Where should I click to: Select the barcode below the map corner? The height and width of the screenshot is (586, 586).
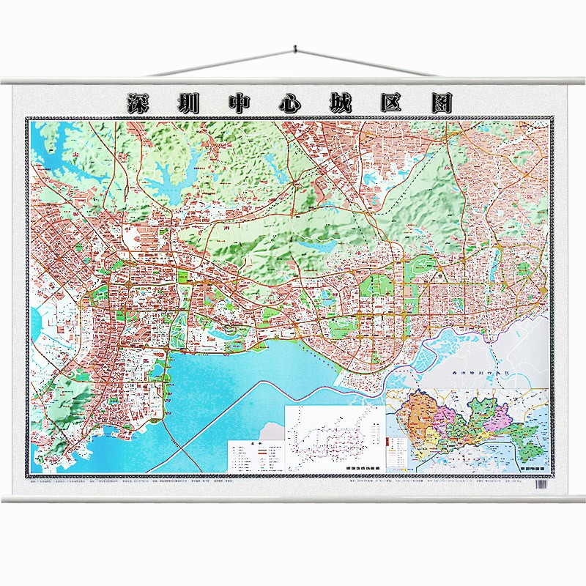pyautogui.click(x=542, y=484)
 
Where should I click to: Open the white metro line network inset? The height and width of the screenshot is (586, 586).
pyautogui.click(x=333, y=438)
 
